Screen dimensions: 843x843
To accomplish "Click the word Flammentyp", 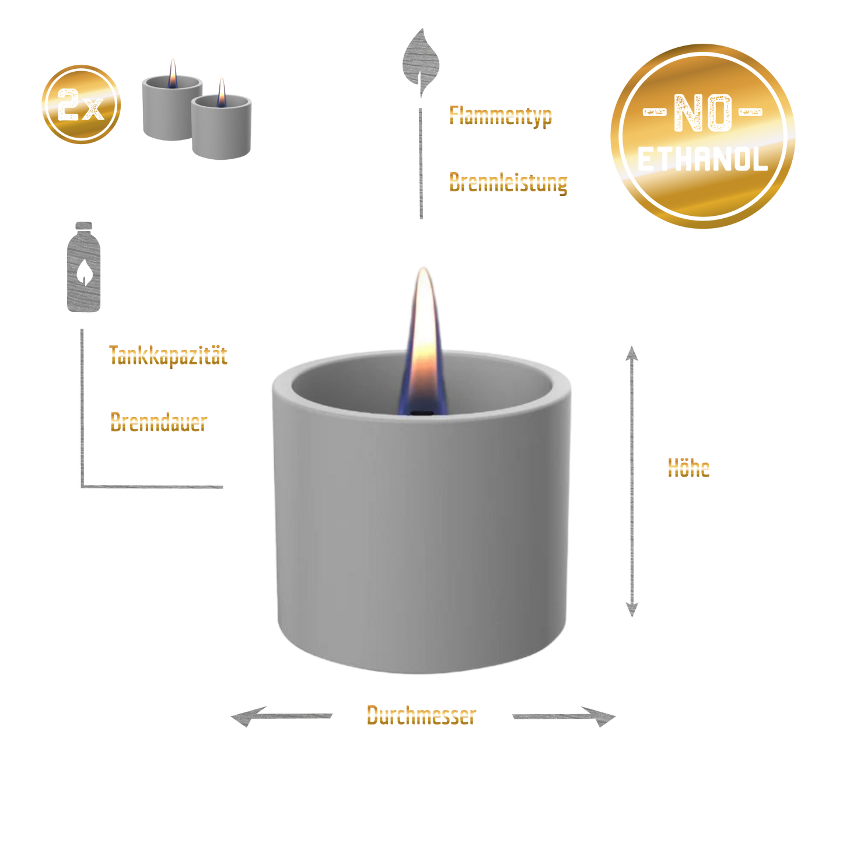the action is [x=501, y=116].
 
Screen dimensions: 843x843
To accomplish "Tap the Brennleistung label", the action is [x=508, y=183].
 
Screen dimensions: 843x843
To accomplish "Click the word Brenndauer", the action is [x=158, y=422].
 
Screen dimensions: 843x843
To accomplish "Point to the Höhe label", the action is [x=688, y=468].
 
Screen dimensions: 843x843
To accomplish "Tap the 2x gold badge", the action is [x=81, y=104].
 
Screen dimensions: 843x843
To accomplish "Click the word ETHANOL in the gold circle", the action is [x=702, y=159].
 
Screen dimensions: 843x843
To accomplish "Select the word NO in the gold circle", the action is [x=702, y=113].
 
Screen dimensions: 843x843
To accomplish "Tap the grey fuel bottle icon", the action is [x=83, y=267].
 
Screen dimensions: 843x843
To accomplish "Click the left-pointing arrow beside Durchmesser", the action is [x=281, y=716].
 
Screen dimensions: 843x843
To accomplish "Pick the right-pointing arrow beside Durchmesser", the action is [x=564, y=716].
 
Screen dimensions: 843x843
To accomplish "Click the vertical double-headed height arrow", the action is [x=632, y=481].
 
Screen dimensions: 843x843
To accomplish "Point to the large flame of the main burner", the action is [x=423, y=341].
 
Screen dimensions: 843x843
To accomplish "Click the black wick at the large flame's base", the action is [x=421, y=413].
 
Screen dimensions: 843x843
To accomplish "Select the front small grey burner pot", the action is [x=221, y=127].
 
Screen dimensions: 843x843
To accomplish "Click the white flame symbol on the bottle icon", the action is [x=84, y=272].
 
